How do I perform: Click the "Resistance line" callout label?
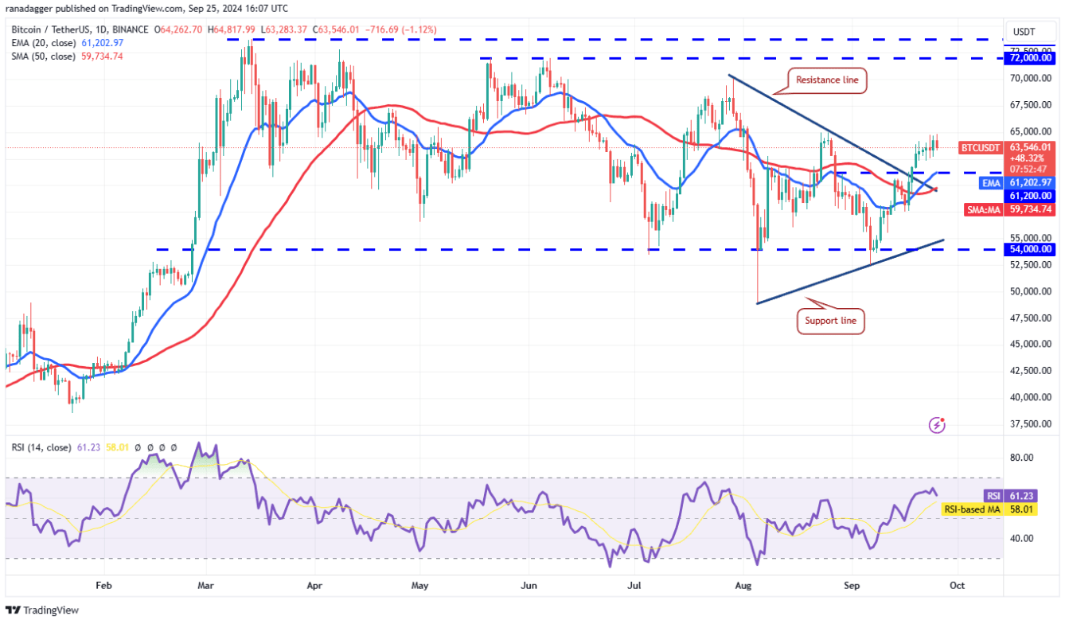click(x=825, y=80)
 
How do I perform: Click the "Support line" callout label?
click(x=830, y=321)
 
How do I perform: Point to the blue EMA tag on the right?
click(x=989, y=183)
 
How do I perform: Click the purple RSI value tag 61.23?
click(x=993, y=495)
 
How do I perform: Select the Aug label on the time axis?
click(x=743, y=585)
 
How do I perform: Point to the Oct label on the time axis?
click(x=957, y=585)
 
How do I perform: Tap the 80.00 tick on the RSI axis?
click(x=1021, y=458)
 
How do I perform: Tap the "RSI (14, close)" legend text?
click(x=41, y=447)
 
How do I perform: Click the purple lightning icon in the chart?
click(x=938, y=425)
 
